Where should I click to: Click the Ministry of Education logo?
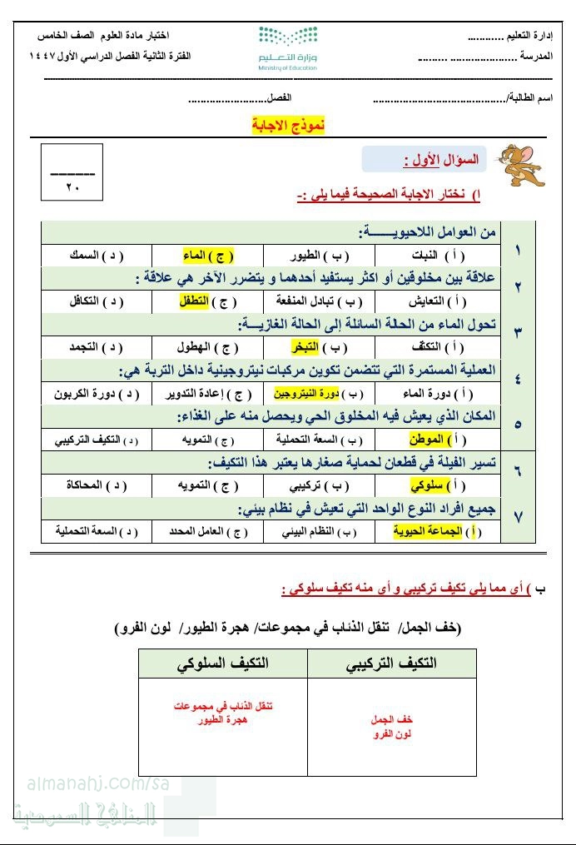click(x=288, y=48)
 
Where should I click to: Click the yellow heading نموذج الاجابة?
click(x=287, y=125)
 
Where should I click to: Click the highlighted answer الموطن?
click(x=428, y=438)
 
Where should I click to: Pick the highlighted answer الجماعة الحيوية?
click(x=422, y=530)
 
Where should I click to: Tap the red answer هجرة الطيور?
click(x=222, y=720)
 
